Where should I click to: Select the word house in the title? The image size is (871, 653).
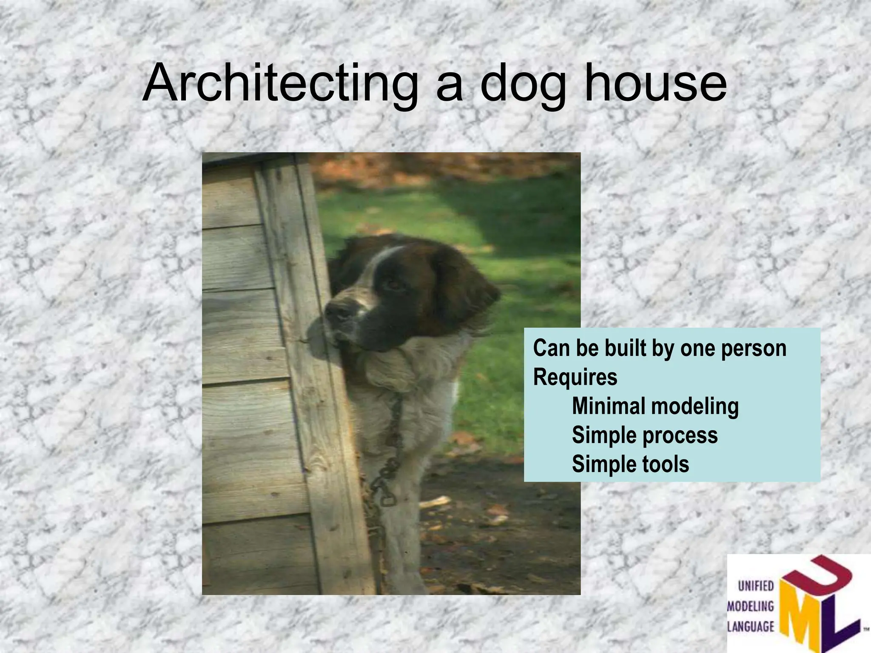coord(655,83)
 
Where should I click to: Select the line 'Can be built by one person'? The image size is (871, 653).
coord(659,349)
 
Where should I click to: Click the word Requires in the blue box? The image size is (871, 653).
coord(575,377)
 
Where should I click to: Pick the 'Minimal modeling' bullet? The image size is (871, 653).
coord(655,406)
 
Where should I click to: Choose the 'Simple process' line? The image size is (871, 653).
coord(644,435)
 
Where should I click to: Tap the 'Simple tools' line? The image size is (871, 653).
coord(630,464)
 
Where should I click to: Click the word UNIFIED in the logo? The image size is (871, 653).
coord(756,586)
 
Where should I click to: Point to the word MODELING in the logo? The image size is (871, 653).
coord(751,606)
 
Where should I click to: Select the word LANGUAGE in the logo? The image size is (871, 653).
coord(751,626)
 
